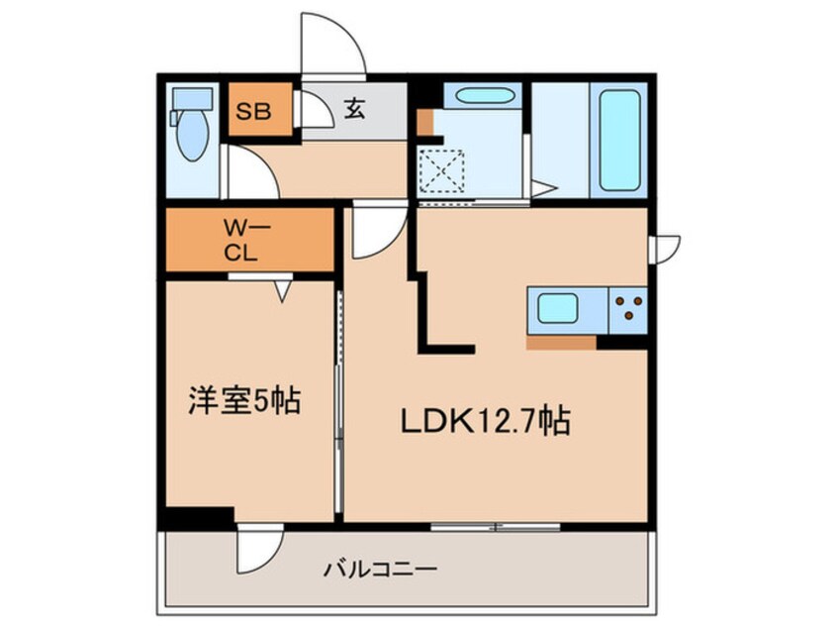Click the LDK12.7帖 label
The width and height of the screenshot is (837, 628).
pyautogui.click(x=484, y=423)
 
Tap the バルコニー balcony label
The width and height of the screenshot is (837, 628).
pyautogui.click(x=380, y=570)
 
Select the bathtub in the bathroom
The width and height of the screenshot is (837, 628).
pyautogui.click(x=619, y=140)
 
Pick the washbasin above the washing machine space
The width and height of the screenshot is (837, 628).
pyautogui.click(x=478, y=98)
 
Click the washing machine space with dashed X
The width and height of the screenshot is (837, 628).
pyautogui.click(x=441, y=169)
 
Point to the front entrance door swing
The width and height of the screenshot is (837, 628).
pyautogui.click(x=334, y=45)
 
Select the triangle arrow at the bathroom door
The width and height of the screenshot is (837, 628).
pyautogui.click(x=541, y=187)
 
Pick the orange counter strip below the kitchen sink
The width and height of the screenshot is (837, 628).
pyautogui.click(x=561, y=343)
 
